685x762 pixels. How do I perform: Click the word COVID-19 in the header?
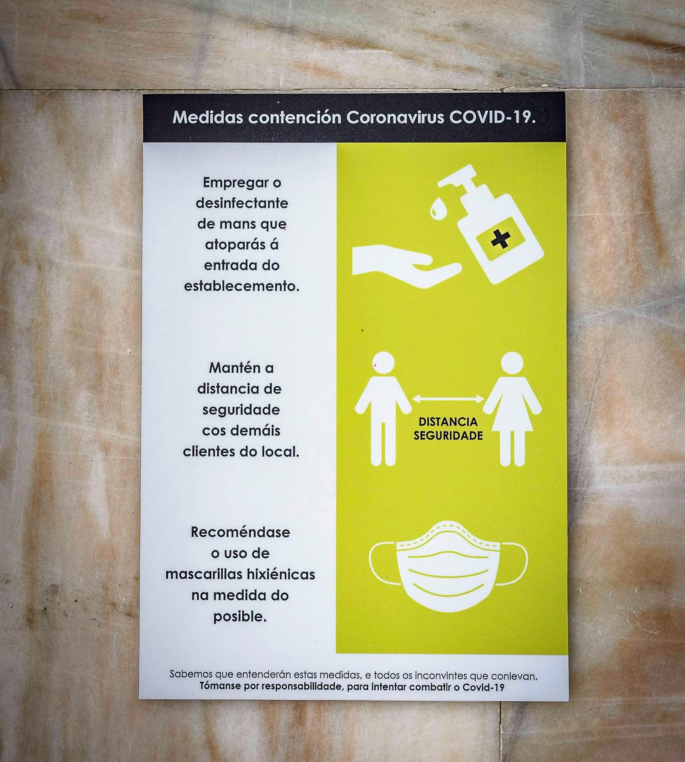pyautogui.click(x=492, y=117)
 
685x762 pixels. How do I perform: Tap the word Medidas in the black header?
pyautogui.click(x=208, y=117)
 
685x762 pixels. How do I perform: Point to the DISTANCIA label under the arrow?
pyautogui.click(x=448, y=422)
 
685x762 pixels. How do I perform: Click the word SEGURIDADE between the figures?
pyautogui.click(x=448, y=436)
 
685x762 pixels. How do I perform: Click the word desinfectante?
pyautogui.click(x=242, y=203)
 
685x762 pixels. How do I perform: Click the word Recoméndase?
pyautogui.click(x=240, y=532)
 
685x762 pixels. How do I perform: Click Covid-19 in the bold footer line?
pyautogui.click(x=483, y=687)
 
